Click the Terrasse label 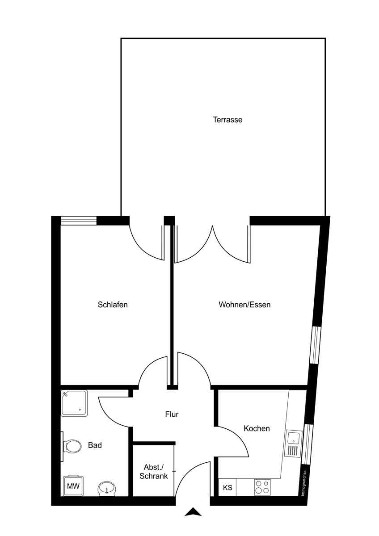click(x=227, y=120)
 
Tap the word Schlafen click(x=113, y=305)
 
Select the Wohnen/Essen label click(x=244, y=305)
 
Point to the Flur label click(x=172, y=415)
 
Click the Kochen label click(x=257, y=428)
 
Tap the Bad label click(x=95, y=445)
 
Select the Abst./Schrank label click(x=153, y=471)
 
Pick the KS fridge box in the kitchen click(x=227, y=487)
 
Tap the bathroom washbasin click(x=106, y=488)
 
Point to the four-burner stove click(x=262, y=486)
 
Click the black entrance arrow click(x=193, y=512)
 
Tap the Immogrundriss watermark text click(x=303, y=483)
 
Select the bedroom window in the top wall click(x=79, y=220)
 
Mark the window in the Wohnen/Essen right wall click(x=316, y=344)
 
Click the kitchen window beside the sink click(x=307, y=444)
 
